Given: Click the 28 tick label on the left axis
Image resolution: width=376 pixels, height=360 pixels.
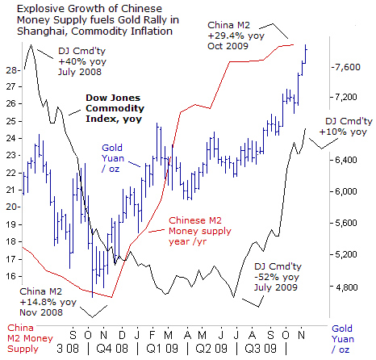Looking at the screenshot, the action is (10, 70).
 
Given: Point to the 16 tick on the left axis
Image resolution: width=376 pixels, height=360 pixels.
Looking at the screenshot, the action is (20, 277).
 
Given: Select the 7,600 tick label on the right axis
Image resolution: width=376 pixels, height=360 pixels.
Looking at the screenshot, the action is (347, 67).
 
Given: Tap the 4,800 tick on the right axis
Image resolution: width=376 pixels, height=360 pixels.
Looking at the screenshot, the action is (332, 287).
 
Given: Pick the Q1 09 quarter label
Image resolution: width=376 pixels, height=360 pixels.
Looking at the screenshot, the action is (162, 349).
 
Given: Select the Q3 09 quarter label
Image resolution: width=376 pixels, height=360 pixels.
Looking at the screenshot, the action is (261, 349).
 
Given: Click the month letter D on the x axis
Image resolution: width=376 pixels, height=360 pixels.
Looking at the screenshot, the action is (122, 335).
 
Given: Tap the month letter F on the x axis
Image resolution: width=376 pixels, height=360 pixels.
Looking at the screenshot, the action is (152, 335).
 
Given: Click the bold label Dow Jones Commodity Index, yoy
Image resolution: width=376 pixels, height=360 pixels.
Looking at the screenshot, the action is (115, 108).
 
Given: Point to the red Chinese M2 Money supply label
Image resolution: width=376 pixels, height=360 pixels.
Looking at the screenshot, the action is (200, 231).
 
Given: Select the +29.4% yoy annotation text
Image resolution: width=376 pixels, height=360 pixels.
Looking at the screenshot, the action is (236, 36).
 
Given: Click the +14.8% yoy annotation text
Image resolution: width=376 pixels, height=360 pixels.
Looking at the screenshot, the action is (48, 302).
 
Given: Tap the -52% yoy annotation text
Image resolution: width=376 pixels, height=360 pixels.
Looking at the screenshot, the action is (277, 277).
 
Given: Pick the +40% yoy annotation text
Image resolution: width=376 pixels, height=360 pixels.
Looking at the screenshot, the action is (82, 61).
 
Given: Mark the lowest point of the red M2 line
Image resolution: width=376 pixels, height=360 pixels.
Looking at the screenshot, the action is (111, 297).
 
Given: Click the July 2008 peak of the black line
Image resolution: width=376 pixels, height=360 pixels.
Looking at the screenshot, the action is (31, 44).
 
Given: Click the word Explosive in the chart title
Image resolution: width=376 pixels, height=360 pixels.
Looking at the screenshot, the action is (40, 9).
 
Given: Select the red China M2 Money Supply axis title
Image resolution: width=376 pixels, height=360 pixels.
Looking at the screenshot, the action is (30, 338).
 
